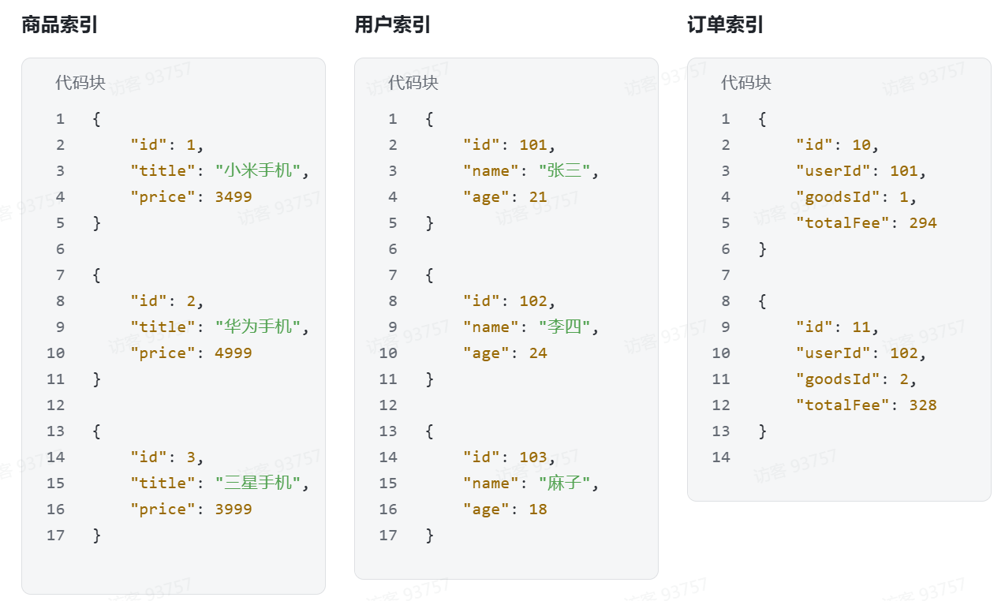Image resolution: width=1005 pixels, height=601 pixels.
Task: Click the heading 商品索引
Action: coord(60,24)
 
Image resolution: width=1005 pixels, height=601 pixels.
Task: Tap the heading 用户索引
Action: coord(393,24)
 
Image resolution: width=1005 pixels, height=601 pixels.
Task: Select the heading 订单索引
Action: coord(726,24)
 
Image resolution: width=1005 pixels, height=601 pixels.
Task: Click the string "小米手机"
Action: coord(258,170)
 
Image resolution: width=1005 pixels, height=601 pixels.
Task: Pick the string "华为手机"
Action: coord(258,327)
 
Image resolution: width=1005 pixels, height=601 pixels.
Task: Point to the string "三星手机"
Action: coord(258,483)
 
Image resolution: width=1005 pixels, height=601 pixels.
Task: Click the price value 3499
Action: coord(234,196)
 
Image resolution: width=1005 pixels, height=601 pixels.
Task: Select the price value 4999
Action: coord(234,353)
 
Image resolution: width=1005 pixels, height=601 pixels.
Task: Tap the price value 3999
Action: coord(234,509)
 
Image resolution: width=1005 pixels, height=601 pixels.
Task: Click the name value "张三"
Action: coord(565,170)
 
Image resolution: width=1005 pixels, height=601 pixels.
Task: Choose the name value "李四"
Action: coord(565,327)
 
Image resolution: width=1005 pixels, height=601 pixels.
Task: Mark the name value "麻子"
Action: coord(565,483)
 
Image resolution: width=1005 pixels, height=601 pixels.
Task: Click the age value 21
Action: coord(538,196)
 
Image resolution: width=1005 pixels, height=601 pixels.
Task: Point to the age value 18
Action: coord(538,509)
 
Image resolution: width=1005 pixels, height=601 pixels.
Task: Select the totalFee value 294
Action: coord(923,222)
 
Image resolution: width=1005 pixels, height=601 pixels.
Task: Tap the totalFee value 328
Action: coord(923,405)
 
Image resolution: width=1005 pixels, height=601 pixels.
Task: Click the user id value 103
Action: coord(533,457)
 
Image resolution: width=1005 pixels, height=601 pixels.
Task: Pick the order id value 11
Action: coord(861,327)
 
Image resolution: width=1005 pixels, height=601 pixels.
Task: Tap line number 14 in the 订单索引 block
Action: coord(721,457)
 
